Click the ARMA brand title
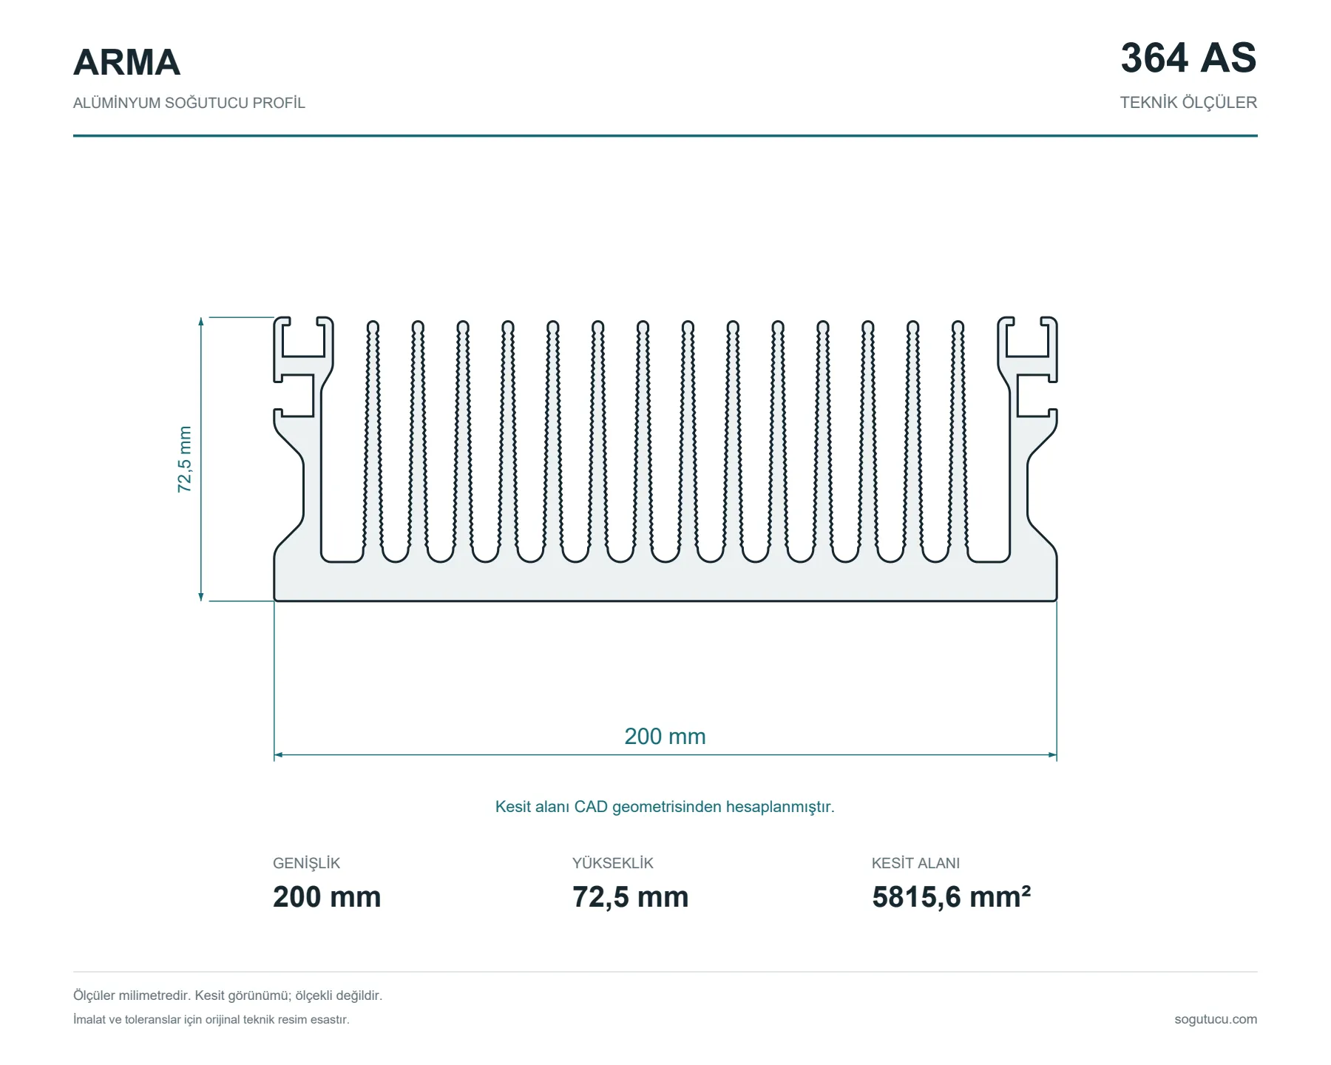tap(126, 62)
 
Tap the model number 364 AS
tap(1188, 58)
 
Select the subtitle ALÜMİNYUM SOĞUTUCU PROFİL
tap(189, 103)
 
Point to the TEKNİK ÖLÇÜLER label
tap(1188, 103)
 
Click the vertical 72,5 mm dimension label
tap(184, 459)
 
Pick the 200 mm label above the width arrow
tap(665, 737)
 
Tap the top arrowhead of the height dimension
tap(201, 321)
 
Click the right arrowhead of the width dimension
tap(1052, 755)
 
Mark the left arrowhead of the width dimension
tap(278, 755)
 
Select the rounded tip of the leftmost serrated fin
tap(373, 326)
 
